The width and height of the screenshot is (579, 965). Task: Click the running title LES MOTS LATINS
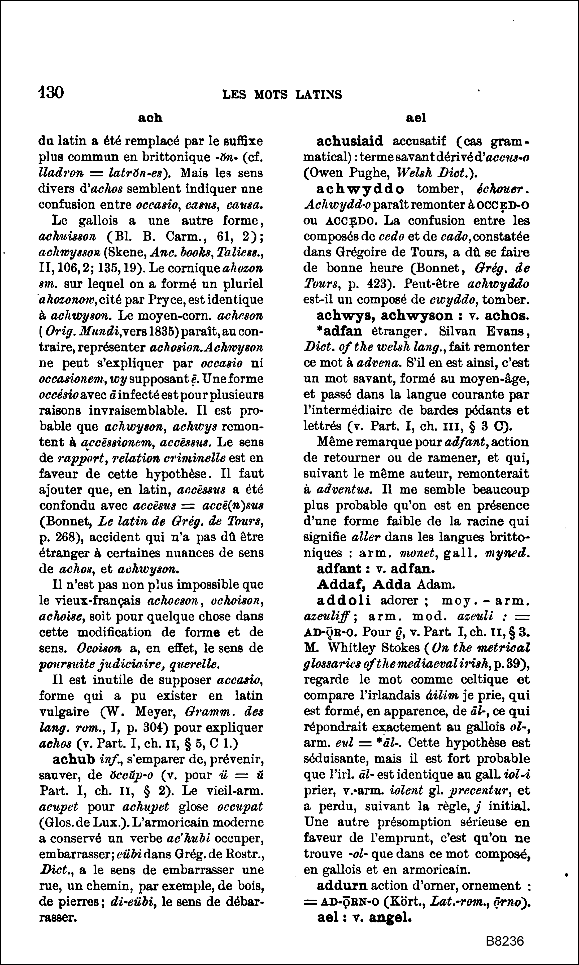[x=282, y=95]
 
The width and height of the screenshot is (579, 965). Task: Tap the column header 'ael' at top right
[x=416, y=118]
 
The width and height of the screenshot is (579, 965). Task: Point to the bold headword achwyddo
[x=360, y=189]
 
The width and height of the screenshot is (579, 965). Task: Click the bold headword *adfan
[x=339, y=331]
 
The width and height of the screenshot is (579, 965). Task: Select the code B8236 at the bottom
[x=505, y=941]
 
